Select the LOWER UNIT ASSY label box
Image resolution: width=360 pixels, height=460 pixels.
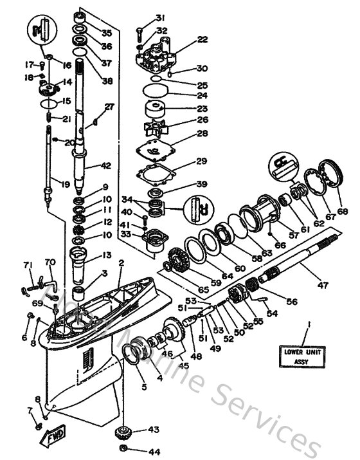click(307, 356)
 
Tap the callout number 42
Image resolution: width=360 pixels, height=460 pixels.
click(106, 165)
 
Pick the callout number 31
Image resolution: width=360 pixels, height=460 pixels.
click(160, 17)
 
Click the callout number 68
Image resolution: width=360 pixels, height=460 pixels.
click(342, 212)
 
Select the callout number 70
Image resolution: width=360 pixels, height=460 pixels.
click(50, 262)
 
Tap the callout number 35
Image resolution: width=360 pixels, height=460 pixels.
click(107, 32)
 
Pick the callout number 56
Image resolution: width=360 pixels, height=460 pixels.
click(291, 300)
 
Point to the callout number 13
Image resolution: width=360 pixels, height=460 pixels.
click(107, 255)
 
